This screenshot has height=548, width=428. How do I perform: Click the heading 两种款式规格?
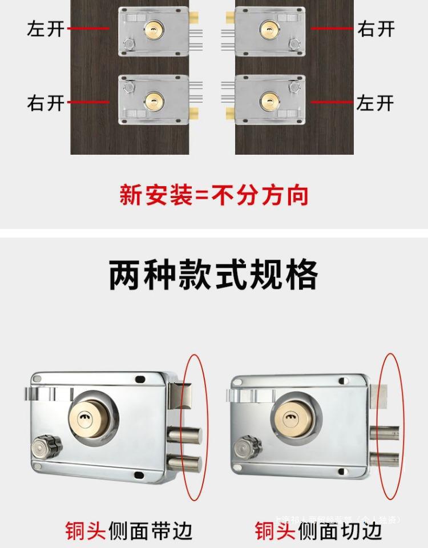tap(213, 276)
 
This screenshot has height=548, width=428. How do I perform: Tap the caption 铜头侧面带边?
tap(128, 530)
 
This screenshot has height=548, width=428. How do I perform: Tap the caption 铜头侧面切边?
tap(318, 530)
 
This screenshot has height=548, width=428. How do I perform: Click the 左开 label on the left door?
tap(46, 29)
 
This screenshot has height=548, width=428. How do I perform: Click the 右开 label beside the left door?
tap(46, 103)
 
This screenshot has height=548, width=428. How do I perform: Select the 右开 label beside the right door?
tap(375, 29)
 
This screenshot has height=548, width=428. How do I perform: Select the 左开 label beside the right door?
tap(375, 103)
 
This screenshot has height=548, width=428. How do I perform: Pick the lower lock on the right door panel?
tap(270, 100)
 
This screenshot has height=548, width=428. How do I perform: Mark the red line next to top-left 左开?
tap(88, 29)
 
